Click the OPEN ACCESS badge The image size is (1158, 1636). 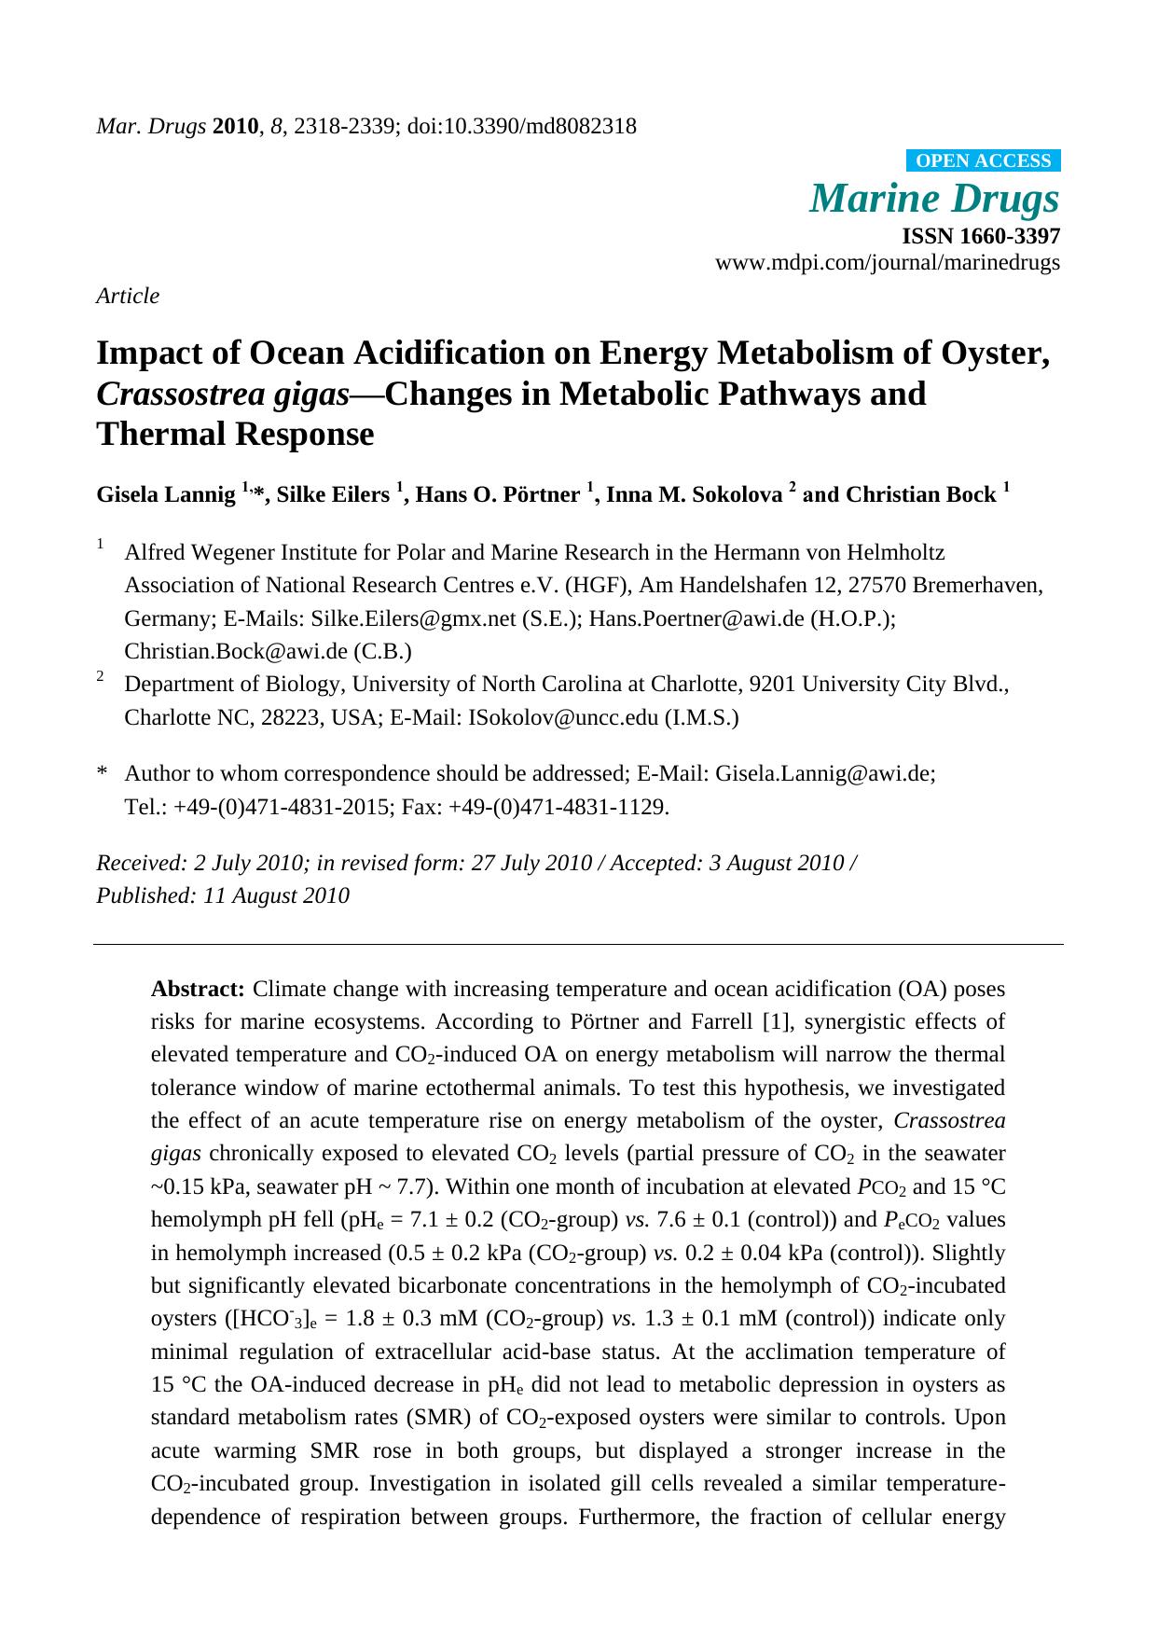tap(983, 161)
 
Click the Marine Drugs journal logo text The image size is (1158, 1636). tap(934, 199)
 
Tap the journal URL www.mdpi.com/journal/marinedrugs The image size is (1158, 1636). tap(887, 263)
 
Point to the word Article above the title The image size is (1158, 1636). tap(128, 296)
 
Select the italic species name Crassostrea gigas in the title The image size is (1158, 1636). tap(223, 395)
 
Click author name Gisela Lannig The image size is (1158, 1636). tap(166, 495)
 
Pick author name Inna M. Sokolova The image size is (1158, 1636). tap(694, 495)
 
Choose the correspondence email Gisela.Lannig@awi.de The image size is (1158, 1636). tap(824, 774)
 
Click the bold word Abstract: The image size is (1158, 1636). tap(198, 989)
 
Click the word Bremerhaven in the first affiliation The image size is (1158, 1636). tap(977, 586)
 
